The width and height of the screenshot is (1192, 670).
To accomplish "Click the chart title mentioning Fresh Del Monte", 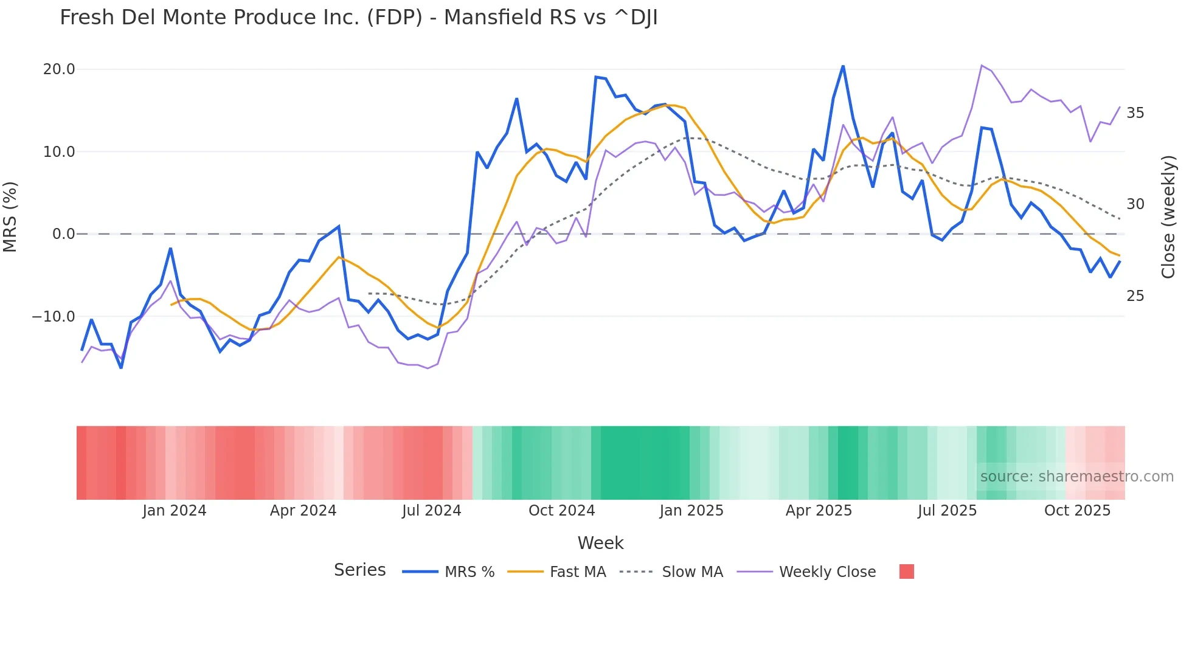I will point(358,18).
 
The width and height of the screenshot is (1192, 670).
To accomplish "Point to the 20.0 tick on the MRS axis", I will point(59,69).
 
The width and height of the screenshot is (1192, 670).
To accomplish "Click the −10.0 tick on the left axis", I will point(54,317).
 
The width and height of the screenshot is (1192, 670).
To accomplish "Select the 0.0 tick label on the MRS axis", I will point(63,234).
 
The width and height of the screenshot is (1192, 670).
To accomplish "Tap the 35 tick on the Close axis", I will point(1135,113).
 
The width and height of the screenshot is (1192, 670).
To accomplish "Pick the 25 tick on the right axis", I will point(1135,296).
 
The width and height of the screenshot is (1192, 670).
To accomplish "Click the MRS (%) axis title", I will point(10,216).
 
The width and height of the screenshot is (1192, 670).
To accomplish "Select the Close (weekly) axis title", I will point(1168,216).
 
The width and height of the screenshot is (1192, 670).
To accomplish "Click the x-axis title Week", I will point(600,543).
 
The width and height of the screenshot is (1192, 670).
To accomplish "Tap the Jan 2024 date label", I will point(174,511).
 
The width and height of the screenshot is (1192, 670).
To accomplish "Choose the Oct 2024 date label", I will point(561,511).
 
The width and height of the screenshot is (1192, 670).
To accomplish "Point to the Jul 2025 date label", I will point(947,511).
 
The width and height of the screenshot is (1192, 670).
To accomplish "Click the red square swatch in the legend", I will point(906,572).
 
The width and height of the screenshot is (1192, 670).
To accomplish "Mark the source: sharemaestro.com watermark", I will point(1076,477).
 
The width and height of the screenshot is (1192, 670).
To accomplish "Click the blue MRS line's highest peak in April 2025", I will point(843,66).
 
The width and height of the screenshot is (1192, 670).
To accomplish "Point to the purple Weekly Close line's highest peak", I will point(982,65).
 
